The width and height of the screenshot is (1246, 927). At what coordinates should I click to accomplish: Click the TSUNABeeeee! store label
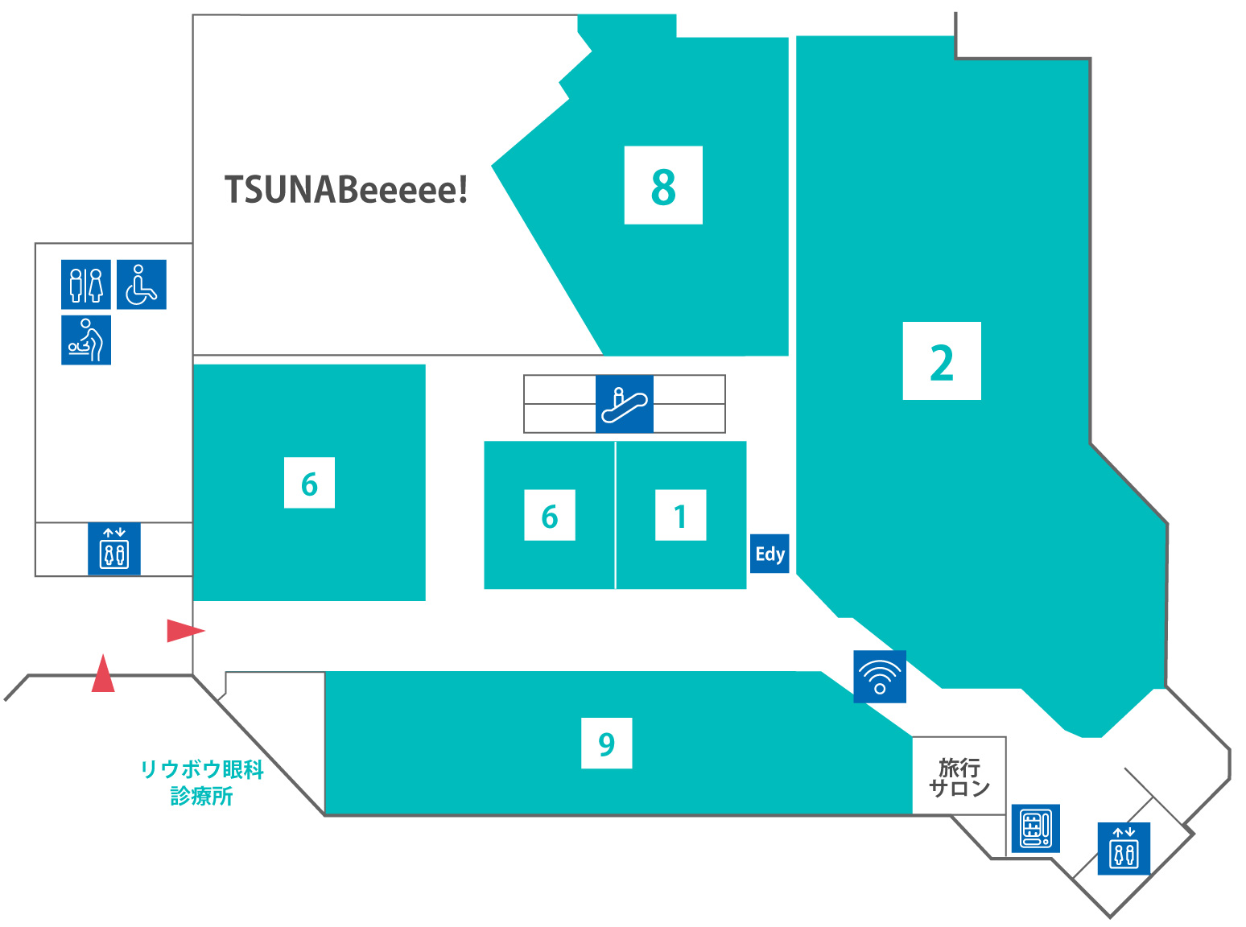click(x=346, y=190)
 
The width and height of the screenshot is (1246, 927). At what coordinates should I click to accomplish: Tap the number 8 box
click(x=663, y=185)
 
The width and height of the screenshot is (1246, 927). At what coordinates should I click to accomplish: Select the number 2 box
click(x=942, y=361)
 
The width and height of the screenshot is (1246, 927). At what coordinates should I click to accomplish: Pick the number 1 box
click(x=681, y=515)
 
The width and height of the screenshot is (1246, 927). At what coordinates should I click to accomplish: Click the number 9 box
click(x=607, y=744)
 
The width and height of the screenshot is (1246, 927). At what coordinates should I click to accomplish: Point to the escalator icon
click(x=625, y=404)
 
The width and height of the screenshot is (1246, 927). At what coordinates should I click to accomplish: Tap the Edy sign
click(x=769, y=554)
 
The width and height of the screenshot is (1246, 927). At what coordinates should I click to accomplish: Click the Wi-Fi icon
click(x=880, y=677)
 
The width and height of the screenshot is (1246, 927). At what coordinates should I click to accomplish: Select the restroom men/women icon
click(x=86, y=284)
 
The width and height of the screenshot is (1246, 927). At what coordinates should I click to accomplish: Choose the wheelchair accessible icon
click(x=142, y=284)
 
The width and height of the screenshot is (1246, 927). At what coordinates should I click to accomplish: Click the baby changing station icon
click(x=86, y=340)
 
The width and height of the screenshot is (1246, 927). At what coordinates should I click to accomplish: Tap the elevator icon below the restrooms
click(x=114, y=549)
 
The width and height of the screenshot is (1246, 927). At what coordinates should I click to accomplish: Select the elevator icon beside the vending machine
click(x=1124, y=848)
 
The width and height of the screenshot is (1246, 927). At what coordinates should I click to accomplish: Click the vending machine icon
click(x=1035, y=828)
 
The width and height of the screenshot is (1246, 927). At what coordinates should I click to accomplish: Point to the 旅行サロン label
click(x=959, y=777)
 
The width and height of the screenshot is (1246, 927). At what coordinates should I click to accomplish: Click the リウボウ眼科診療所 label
click(x=202, y=782)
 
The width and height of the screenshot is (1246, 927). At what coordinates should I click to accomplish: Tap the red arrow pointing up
click(x=103, y=674)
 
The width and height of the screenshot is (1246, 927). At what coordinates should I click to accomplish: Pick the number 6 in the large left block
click(x=309, y=483)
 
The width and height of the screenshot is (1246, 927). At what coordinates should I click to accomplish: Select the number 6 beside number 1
click(x=550, y=515)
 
